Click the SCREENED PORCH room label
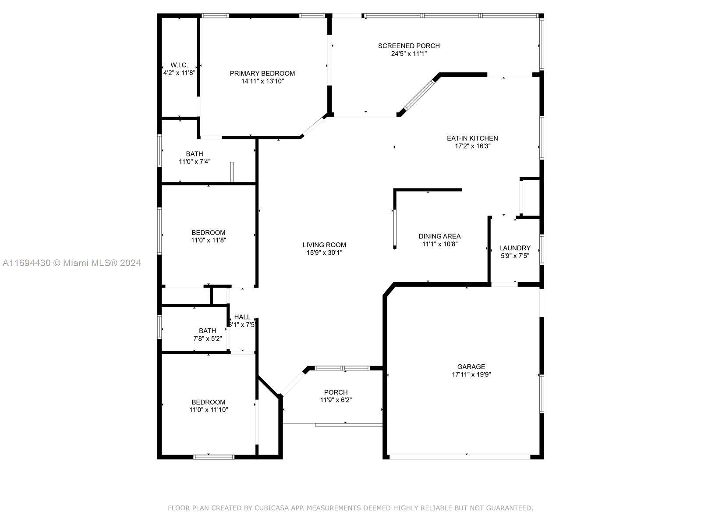[409, 46]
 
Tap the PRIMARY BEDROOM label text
[262, 74]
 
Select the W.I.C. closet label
[179, 65]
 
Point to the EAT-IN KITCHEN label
[472, 138]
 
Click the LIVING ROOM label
[324, 245]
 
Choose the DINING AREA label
[439, 236]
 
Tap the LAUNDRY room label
[515, 248]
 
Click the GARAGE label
[471, 366]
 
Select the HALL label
[242, 317]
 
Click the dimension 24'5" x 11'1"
[409, 53]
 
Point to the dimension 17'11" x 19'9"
[471, 374]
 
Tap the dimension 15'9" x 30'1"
[324, 252]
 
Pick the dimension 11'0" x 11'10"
[209, 410]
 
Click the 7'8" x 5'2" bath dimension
[207, 338]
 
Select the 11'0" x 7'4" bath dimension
[195, 162]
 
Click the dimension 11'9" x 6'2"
[336, 400]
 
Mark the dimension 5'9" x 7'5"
[515, 256]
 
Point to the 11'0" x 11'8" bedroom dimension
[209, 240]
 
